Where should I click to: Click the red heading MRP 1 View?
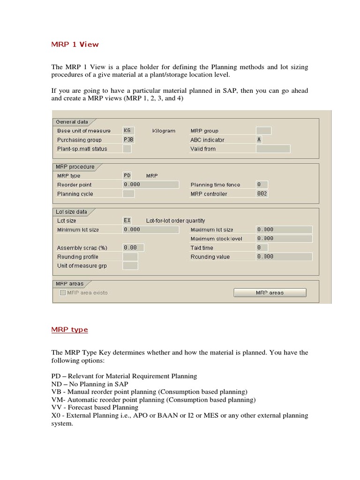pyautogui.click(x=75, y=45)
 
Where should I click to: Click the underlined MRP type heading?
pyautogui.click(x=69, y=330)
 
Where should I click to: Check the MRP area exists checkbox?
pyautogui.click(x=63, y=292)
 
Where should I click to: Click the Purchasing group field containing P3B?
pyautogui.click(x=128, y=140)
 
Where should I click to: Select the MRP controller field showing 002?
pyautogui.click(x=262, y=194)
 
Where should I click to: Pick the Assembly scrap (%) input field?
pyautogui.click(x=133, y=247)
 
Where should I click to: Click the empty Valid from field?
pyautogui.click(x=273, y=149)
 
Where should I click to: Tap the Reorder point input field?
pyautogui.click(x=150, y=185)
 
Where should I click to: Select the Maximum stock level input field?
pyautogui.click(x=284, y=239)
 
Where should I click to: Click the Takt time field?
pyautogui.click(x=262, y=247)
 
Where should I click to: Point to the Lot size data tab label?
pyautogui.click(x=72, y=212)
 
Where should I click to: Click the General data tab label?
pyautogui.click(x=72, y=122)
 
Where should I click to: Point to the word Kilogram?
pyautogui.click(x=164, y=131)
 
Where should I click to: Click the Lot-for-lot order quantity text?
pyautogui.click(x=175, y=221)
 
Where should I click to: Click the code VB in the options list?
pyautogui.click(x=56, y=391)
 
